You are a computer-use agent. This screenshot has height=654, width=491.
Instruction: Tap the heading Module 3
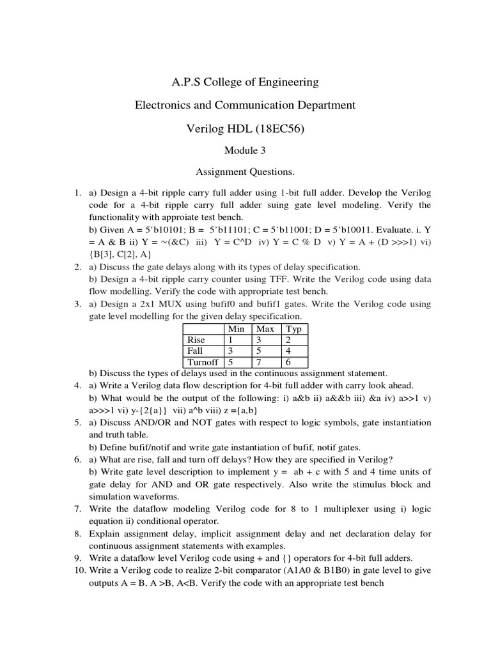click(244, 151)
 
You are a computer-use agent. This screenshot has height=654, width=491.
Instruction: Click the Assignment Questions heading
click(245, 172)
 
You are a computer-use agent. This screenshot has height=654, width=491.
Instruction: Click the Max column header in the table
click(265, 329)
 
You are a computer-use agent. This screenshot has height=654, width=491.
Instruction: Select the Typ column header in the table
click(294, 329)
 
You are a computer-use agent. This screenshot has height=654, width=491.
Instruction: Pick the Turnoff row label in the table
click(201, 362)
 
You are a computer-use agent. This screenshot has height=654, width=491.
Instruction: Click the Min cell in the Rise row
click(235, 340)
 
